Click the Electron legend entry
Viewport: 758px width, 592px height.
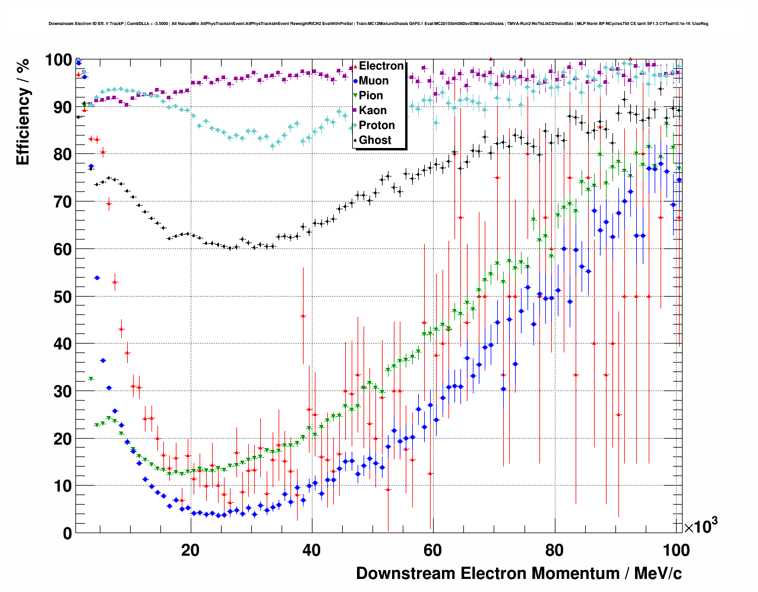(381, 66)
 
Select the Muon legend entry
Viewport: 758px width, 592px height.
(374, 81)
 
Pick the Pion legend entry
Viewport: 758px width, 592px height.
(371, 96)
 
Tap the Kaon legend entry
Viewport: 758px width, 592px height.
(372, 111)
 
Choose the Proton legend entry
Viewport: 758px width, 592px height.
(377, 125)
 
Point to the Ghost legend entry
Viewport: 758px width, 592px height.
(375, 140)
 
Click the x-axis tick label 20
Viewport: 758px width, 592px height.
(190, 550)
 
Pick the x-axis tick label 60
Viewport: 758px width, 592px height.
(433, 550)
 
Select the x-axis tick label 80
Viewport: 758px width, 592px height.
(554, 550)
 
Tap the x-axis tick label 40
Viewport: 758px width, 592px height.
(311, 550)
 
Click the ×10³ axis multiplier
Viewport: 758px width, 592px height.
(700, 526)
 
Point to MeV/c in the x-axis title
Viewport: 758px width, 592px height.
(658, 574)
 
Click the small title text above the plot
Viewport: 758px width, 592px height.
(378, 24)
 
